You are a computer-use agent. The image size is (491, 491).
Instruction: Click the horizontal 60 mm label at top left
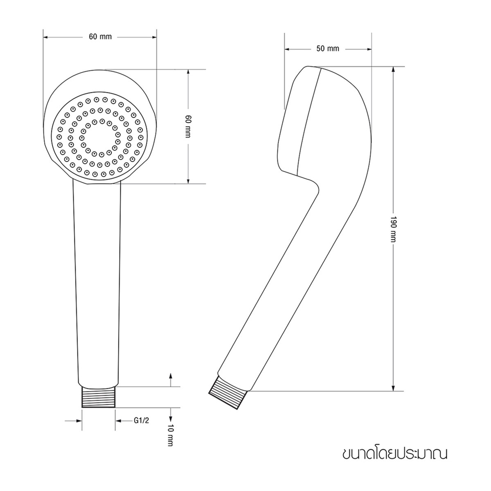(x=100, y=37)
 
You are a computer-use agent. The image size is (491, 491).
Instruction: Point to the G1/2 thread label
(x=141, y=421)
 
